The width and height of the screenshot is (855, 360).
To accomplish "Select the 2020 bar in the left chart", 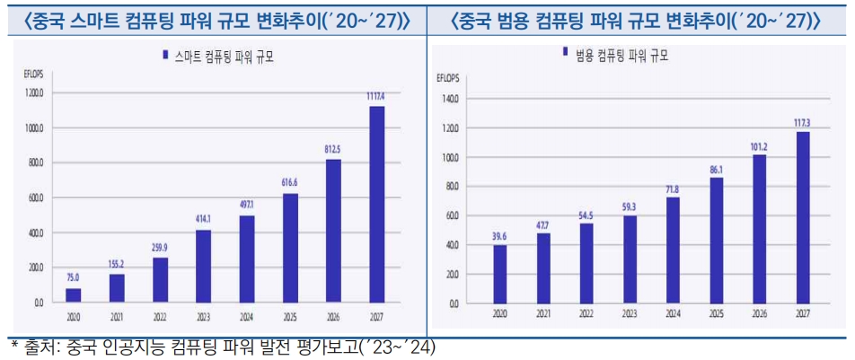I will click(74, 294).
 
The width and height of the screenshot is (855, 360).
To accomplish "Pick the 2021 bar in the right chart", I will click(543, 268).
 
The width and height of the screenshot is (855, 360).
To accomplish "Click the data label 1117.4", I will click(375, 96).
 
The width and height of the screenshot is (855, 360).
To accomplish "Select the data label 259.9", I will click(160, 247).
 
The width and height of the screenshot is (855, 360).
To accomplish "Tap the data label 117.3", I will click(801, 121).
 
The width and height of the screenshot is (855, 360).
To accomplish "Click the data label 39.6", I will click(499, 235).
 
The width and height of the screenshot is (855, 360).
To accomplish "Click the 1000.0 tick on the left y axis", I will click(33, 127).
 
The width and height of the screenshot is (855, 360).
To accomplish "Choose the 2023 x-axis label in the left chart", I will click(203, 316).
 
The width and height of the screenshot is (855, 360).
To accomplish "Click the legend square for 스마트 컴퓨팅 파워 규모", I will click(165, 56).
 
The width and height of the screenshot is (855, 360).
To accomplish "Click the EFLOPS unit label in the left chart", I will click(32, 74).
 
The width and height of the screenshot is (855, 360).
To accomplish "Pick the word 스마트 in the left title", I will click(101, 19).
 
